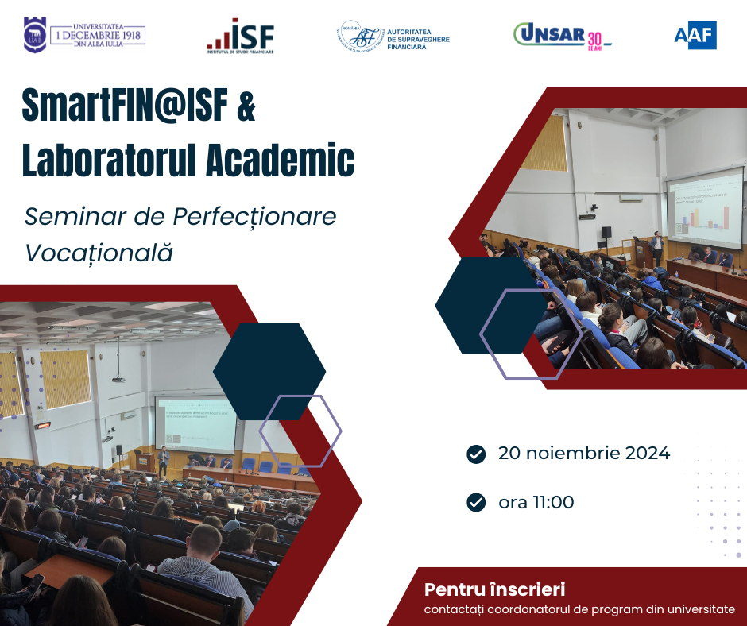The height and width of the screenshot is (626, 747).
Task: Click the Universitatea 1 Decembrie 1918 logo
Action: pos(84,35)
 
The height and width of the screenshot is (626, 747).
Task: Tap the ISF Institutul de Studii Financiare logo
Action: pos(240,36)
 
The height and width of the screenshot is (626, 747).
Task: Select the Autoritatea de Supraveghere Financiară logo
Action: pos(393,36)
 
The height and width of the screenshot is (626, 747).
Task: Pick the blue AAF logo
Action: pos(695,35)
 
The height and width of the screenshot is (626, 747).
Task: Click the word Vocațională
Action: pos(99,253)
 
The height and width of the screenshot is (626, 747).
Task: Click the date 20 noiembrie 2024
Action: pos(584,454)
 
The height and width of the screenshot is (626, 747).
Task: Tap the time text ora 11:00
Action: pos(536,502)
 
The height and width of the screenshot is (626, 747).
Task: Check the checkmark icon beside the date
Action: pos(476,454)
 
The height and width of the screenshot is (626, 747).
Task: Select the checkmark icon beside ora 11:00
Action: pos(476,502)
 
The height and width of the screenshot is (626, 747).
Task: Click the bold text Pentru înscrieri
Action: pos(494,589)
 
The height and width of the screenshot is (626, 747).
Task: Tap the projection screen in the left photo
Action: pos(195,424)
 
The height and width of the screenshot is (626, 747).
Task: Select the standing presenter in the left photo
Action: pos(163,461)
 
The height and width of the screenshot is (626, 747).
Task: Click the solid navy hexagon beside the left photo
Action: pos(269,371)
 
